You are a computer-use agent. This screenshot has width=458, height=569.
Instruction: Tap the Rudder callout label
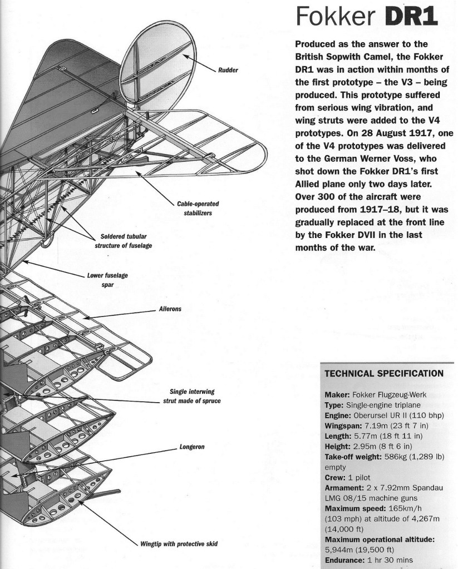click(229, 70)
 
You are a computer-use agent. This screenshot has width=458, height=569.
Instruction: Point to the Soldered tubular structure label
click(124, 240)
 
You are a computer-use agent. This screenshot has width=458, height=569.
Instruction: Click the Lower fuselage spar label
click(100, 279)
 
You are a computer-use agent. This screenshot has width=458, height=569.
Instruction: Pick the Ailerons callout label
click(171, 309)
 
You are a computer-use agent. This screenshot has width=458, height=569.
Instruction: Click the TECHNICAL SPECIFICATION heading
click(383, 373)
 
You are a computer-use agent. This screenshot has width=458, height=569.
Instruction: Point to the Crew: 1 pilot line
click(347, 477)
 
